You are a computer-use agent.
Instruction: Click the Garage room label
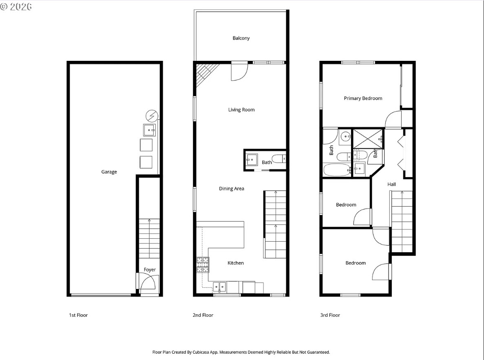(x=109, y=172)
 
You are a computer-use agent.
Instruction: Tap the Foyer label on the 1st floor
(x=150, y=270)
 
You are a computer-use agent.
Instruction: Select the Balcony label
(x=241, y=38)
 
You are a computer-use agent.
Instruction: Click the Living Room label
(x=241, y=109)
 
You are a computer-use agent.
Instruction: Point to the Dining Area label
(x=232, y=189)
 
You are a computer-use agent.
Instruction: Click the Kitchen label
(x=236, y=263)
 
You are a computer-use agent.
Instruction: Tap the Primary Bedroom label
(x=363, y=98)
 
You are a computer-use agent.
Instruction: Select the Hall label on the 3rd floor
(x=391, y=184)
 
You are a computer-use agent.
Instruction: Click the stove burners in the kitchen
(x=203, y=265)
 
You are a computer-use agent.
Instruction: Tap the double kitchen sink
(x=220, y=287)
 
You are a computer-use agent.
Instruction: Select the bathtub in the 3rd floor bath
(x=337, y=169)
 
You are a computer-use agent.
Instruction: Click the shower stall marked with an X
(x=368, y=138)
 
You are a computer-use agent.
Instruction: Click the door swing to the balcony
(x=239, y=72)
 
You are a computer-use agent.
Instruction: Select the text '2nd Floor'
(x=203, y=315)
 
